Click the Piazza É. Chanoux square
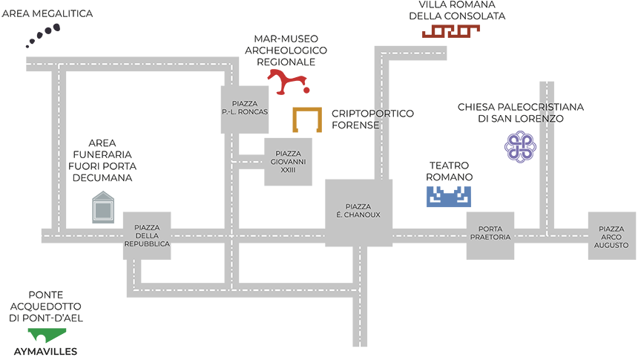[x=359, y=212]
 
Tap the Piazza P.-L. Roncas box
[x=244, y=109]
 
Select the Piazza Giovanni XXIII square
[x=288, y=162]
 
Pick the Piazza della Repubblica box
[x=147, y=236]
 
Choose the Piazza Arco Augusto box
[x=611, y=236]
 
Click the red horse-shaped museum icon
[x=287, y=82]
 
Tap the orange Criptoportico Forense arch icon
[x=306, y=120]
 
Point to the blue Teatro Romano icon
[x=449, y=197]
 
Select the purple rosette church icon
[x=520, y=145]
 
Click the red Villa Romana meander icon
[x=451, y=31]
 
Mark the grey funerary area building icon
[x=102, y=208]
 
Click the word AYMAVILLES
[x=45, y=351]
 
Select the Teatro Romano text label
[x=449, y=171]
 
